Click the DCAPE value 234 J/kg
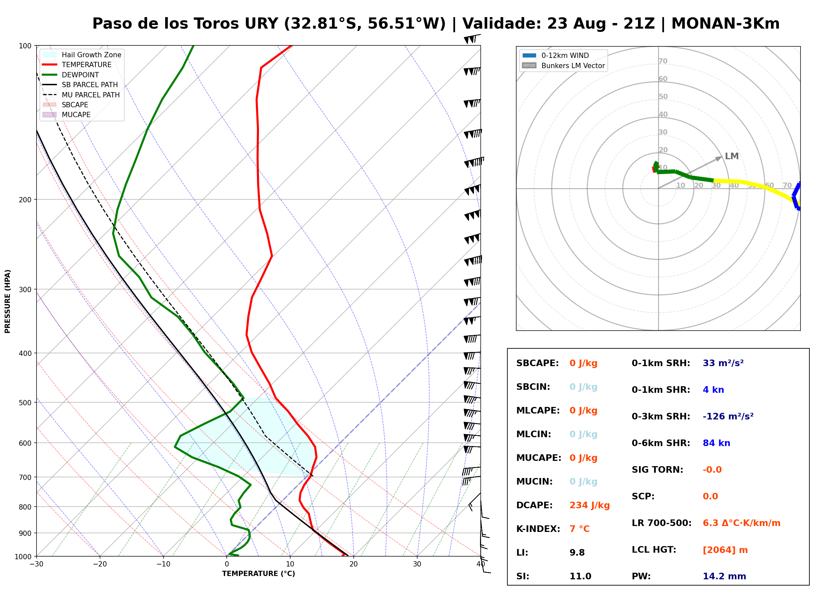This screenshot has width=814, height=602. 589,505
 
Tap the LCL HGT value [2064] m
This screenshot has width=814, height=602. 725,550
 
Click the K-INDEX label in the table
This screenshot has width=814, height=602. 538,529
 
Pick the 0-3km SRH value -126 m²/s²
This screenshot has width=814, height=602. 728,416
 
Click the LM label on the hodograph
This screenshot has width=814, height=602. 732,156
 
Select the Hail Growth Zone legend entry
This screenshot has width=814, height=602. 82,55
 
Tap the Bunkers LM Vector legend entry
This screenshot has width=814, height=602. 563,65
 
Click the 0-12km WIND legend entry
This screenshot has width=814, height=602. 556,55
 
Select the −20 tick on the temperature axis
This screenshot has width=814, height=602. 100,564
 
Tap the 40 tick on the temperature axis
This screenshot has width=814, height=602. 481,564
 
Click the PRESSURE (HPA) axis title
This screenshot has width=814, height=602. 8,301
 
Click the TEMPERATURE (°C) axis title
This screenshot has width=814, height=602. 259,574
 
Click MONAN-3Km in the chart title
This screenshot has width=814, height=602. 725,24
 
